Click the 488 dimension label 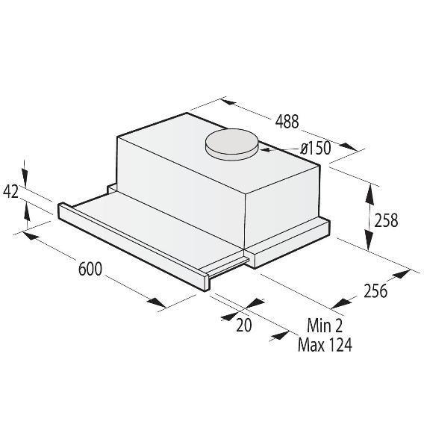click(x=287, y=121)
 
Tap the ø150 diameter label click(x=316, y=149)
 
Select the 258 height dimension click(x=386, y=220)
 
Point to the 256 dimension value click(x=375, y=291)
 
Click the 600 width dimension click(x=90, y=269)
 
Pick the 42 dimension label click(x=10, y=191)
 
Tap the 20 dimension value click(x=243, y=325)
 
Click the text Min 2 click(x=325, y=325)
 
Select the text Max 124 click(x=325, y=344)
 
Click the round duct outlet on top click(x=231, y=144)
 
